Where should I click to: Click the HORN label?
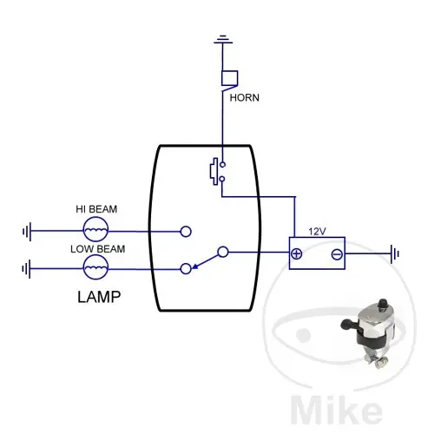[244, 98]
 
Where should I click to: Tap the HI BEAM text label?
[96, 209]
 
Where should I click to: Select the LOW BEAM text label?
[98, 249]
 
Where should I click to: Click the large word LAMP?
[99, 297]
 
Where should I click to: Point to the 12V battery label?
[317, 232]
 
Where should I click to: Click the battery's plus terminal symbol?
[296, 253]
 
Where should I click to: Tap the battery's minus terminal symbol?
[337, 254]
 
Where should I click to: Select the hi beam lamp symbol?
[95, 229]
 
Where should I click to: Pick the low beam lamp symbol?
[95, 267]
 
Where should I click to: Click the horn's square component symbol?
[230, 78]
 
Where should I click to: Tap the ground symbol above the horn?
[223, 40]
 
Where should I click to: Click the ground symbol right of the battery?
[395, 254]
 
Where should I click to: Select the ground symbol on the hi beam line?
[27, 231]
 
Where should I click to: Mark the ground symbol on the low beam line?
[26, 269]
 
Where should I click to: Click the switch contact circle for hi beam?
[186, 232]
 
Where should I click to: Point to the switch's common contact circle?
[223, 252]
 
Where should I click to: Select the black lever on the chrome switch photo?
[349, 325]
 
